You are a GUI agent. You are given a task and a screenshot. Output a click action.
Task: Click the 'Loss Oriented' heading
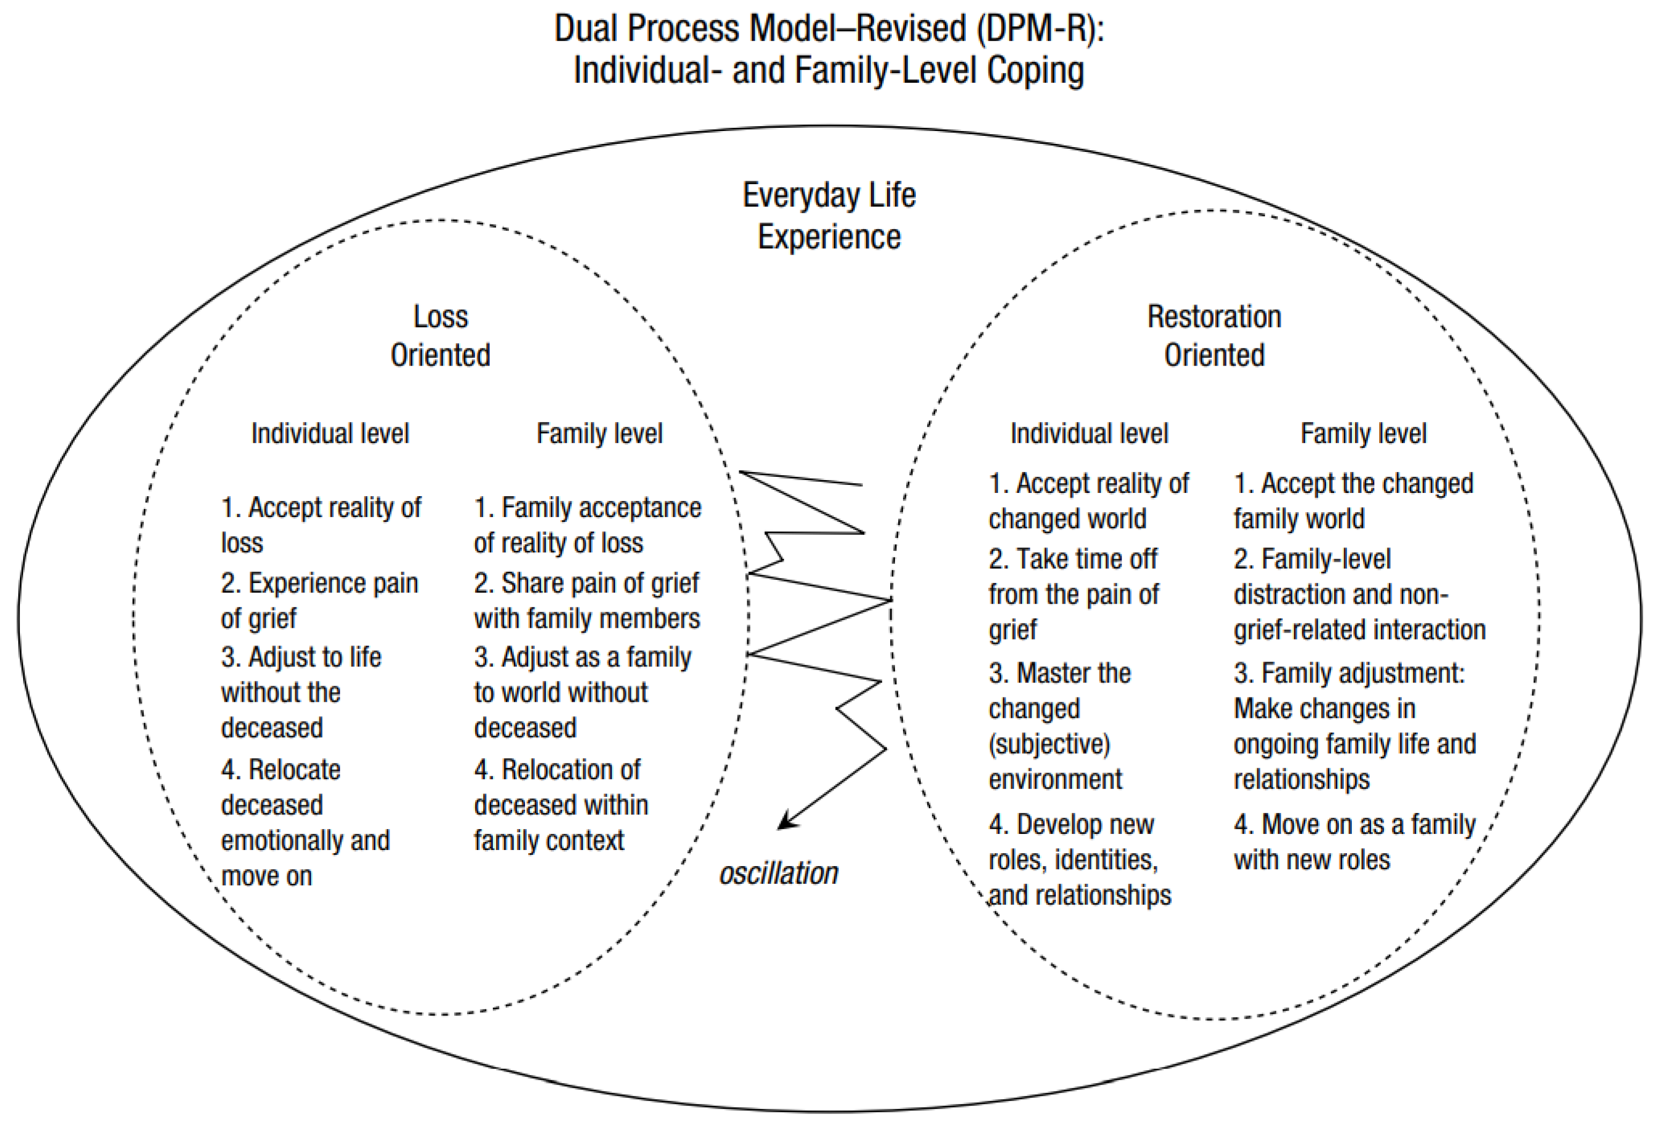click(440, 335)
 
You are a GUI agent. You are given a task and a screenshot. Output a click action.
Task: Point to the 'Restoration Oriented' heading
click(1214, 335)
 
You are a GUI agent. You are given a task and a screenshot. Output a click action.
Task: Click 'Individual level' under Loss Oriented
click(330, 433)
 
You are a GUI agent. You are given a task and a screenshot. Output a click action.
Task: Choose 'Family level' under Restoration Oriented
click(1363, 433)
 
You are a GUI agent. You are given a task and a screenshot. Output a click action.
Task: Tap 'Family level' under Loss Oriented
click(599, 433)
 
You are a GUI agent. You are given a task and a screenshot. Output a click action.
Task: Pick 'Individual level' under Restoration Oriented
click(1089, 433)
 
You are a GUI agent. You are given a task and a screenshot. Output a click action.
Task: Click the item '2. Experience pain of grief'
click(319, 600)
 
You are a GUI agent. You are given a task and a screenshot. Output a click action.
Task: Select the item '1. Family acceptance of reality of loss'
click(587, 525)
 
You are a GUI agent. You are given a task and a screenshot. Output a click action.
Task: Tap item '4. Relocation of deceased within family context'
click(561, 804)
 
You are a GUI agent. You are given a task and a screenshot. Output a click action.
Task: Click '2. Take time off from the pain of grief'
click(1073, 594)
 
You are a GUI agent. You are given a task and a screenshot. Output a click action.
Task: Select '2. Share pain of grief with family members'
click(587, 600)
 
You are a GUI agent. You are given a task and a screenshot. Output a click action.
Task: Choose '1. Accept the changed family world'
click(1353, 501)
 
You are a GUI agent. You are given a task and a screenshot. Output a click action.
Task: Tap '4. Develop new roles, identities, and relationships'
click(1080, 859)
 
